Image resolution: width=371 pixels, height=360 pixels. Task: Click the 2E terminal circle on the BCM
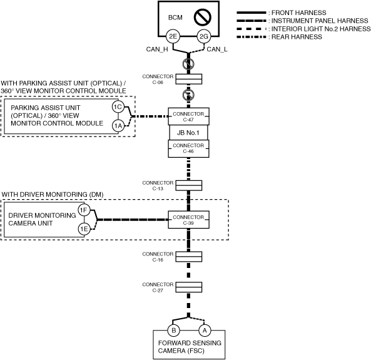click(x=173, y=36)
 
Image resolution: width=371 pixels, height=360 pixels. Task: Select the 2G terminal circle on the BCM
click(x=204, y=36)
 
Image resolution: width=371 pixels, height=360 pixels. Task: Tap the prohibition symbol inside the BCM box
click(x=203, y=17)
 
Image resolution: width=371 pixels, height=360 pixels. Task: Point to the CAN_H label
click(x=157, y=49)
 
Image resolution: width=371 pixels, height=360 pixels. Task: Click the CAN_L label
click(x=217, y=49)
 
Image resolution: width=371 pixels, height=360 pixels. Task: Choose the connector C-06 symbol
click(x=189, y=79)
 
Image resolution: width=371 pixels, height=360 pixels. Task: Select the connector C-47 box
click(x=188, y=116)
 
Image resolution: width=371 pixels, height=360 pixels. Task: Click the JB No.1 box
click(x=188, y=133)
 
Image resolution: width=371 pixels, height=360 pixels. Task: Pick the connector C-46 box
click(x=188, y=149)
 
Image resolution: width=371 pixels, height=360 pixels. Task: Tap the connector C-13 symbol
click(x=189, y=185)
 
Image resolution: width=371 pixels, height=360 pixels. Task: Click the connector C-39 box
click(x=188, y=220)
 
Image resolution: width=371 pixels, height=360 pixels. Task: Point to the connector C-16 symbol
click(x=189, y=257)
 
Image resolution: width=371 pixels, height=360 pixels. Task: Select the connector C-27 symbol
click(x=189, y=287)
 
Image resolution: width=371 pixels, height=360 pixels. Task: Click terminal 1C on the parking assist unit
click(x=118, y=107)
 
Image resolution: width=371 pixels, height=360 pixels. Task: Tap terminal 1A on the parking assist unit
click(x=118, y=126)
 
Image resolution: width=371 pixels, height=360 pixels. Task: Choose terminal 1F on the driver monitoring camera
click(x=84, y=210)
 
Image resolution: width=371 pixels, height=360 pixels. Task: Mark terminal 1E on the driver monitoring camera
click(x=84, y=229)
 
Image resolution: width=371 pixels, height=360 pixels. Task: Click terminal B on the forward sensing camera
click(x=174, y=330)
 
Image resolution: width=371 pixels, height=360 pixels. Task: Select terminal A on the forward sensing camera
click(x=205, y=330)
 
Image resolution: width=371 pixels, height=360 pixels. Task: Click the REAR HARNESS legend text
click(x=297, y=37)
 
